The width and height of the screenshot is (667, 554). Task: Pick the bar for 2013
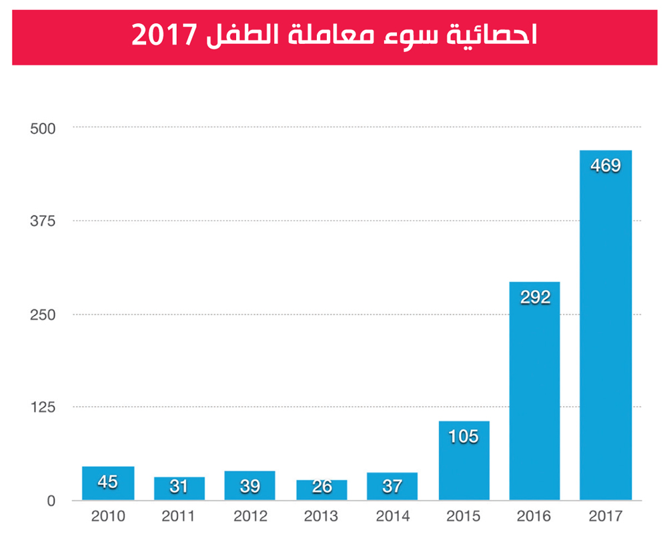click(x=321, y=490)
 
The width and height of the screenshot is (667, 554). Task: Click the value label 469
click(x=606, y=165)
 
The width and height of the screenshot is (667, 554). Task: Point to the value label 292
click(x=534, y=297)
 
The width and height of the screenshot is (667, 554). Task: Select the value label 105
click(x=464, y=437)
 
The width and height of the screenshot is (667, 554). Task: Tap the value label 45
click(x=108, y=481)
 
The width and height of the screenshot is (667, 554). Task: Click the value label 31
click(x=179, y=487)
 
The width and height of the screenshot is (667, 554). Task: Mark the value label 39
click(x=249, y=486)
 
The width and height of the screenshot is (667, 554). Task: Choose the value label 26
click(x=321, y=487)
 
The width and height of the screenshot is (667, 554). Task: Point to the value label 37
click(x=392, y=487)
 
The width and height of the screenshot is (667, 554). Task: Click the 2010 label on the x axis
click(x=108, y=517)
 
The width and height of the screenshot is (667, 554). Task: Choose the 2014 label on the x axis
click(x=392, y=517)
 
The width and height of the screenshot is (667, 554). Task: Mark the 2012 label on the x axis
click(x=249, y=517)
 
